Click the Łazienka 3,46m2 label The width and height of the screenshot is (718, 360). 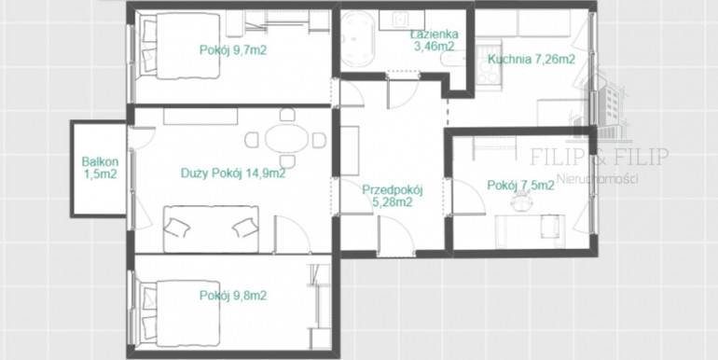click(x=435, y=40)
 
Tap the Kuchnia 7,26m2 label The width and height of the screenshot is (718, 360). click(x=532, y=59)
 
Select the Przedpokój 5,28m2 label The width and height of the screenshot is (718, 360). click(x=392, y=196)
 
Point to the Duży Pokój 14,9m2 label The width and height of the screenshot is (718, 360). click(x=233, y=173)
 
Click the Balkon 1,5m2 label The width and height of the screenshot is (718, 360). click(x=101, y=168)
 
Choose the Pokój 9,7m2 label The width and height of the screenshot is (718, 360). click(x=233, y=50)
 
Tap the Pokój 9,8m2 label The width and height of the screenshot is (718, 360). click(x=233, y=296)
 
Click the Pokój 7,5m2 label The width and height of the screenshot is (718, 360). click(x=521, y=185)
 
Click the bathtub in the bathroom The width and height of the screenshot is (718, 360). click(x=358, y=39)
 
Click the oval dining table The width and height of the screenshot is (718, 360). click(x=287, y=138)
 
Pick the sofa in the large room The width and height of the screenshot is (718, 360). click(x=211, y=229)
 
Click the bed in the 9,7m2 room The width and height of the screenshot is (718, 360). click(x=179, y=46)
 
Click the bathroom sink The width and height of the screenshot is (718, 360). click(x=402, y=21)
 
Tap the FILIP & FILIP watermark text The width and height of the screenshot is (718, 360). click(x=599, y=157)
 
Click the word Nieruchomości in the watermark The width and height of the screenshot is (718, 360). click(x=597, y=179)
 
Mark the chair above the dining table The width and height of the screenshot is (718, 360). click(x=286, y=115)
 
